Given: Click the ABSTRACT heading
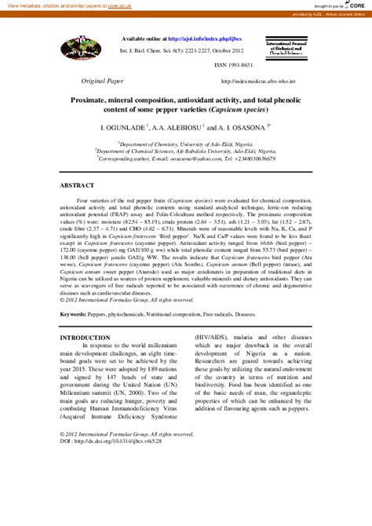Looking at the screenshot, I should coord(78,187).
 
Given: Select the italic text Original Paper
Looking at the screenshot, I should coord(103,81).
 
